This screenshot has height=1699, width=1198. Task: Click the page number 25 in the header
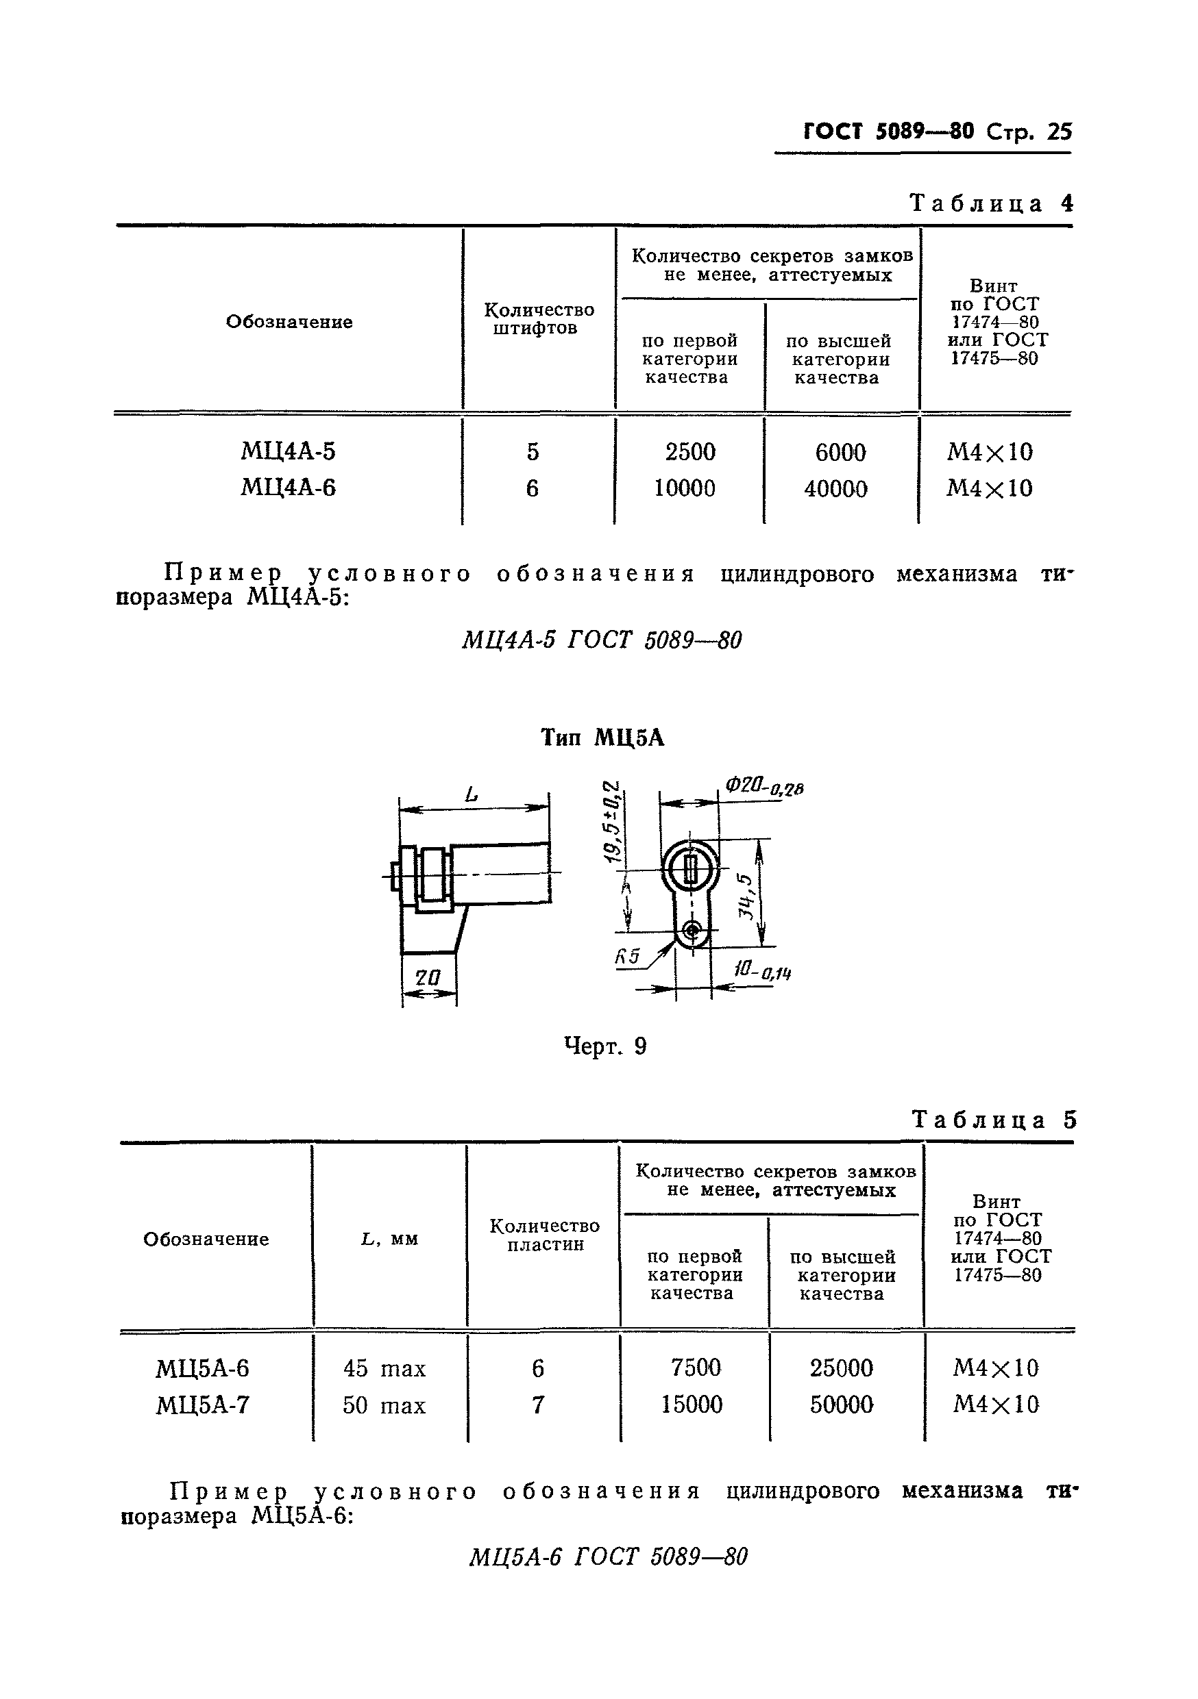click(1058, 131)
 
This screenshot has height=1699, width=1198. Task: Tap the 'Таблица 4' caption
click(991, 203)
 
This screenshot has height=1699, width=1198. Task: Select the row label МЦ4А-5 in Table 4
click(288, 451)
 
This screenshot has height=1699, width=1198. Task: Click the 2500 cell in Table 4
click(690, 451)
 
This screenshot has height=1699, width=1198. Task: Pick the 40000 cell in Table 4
click(835, 488)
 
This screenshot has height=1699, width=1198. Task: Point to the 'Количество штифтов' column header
click(539, 319)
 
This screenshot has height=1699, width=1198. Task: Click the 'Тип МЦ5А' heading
click(602, 738)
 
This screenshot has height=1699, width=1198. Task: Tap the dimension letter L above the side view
click(471, 796)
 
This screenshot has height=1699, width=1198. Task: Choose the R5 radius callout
click(626, 956)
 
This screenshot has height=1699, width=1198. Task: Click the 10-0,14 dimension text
click(763, 971)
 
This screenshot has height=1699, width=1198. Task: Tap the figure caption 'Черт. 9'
click(605, 1046)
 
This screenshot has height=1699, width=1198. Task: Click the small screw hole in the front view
click(692, 930)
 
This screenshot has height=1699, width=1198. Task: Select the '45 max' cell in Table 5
click(384, 1368)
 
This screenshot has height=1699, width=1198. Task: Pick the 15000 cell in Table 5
click(692, 1404)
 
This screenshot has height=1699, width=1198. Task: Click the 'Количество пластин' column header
click(544, 1234)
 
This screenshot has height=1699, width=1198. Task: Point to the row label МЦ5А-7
click(202, 1405)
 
